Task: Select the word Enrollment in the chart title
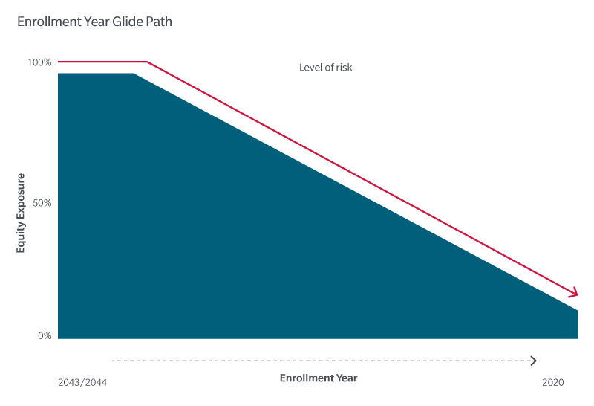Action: [48, 22]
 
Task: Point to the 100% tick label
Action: [39, 62]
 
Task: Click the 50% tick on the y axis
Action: [42, 203]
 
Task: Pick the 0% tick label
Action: [45, 336]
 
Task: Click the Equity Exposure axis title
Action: [22, 213]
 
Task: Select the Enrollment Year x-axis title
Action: [319, 378]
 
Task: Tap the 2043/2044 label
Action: [82, 382]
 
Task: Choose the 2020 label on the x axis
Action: [552, 382]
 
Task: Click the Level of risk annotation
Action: [325, 68]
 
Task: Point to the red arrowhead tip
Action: [577, 295]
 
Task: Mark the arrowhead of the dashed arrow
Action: [535, 361]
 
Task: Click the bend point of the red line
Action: [147, 62]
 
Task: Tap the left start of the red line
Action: [59, 62]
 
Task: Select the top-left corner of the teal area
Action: [59, 74]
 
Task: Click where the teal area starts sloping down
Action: [133, 74]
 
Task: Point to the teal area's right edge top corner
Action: [577, 310]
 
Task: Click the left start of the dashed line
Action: [114, 361]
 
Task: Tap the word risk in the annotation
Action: [343, 68]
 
